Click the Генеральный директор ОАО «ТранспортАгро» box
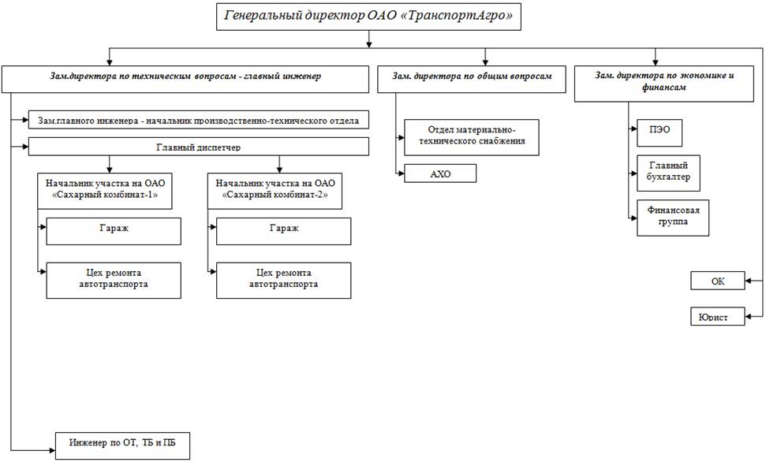point(368,17)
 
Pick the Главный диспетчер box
point(199,147)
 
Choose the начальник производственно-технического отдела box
point(199,121)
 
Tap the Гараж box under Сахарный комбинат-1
point(114,229)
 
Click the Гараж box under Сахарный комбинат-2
point(283,229)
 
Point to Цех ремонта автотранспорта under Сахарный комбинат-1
point(114,279)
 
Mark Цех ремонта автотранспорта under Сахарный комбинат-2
point(283,279)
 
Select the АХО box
point(440,173)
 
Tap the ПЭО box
point(660,132)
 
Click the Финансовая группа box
point(673,217)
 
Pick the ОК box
point(718,281)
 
